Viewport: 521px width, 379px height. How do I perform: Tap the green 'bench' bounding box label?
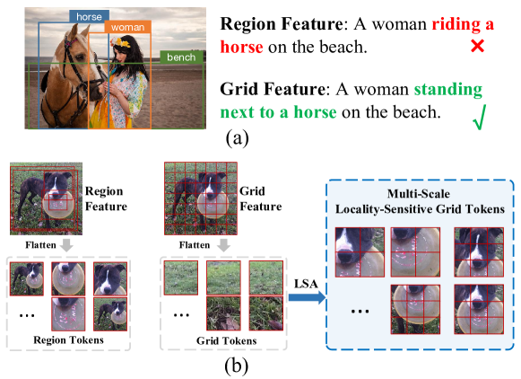(179, 57)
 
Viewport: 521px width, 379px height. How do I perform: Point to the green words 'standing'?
(441, 91)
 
